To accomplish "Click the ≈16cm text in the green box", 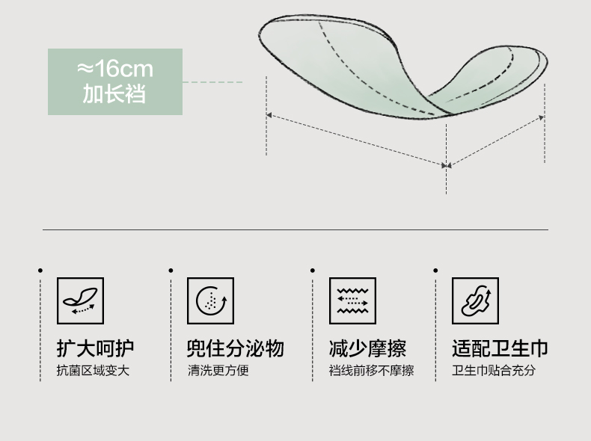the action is [x=114, y=70].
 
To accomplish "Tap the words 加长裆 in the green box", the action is [x=114, y=94].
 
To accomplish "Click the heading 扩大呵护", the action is [x=95, y=348].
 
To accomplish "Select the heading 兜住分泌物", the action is [x=235, y=348].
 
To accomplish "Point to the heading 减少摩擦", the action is [x=367, y=348].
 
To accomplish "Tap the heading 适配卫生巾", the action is [x=500, y=348].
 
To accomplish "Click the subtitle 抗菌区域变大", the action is [x=93, y=371].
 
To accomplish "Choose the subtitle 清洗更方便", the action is [x=217, y=371].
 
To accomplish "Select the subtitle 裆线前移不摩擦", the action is [x=371, y=371].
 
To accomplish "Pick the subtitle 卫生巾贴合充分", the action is [x=494, y=371].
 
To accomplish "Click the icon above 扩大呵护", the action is [x=80, y=300].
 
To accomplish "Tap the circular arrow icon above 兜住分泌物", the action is [x=210, y=300].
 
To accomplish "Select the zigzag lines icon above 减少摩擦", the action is [x=352, y=300].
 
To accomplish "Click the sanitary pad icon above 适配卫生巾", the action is [x=475, y=300].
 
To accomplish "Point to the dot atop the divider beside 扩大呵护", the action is [x=40, y=270].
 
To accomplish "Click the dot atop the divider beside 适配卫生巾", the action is [x=435, y=270].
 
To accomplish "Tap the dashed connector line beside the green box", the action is [x=213, y=82].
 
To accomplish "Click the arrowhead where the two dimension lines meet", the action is [x=447, y=165].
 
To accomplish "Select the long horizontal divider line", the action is [x=295, y=229].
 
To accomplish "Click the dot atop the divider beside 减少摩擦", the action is [x=312, y=270].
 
